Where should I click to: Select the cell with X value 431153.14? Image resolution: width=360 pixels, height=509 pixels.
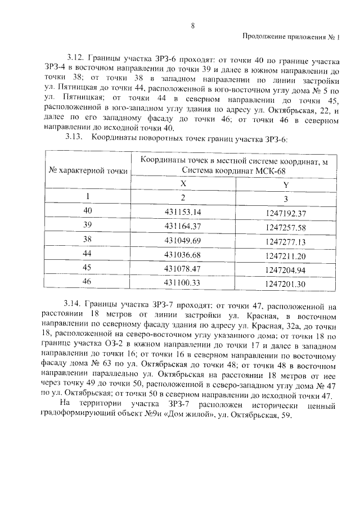[183, 212]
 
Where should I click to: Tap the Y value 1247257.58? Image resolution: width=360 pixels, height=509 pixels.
[285, 227]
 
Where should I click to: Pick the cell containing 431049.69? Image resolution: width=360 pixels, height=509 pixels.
[183, 241]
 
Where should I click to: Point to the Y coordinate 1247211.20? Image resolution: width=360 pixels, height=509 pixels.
[285, 256]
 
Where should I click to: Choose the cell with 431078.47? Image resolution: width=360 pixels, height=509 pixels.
[183, 269]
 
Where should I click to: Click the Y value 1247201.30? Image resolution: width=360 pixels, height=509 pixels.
[285, 284]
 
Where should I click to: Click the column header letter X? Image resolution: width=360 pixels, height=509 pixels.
[183, 183]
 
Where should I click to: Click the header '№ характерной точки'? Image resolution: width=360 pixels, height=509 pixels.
[88, 170]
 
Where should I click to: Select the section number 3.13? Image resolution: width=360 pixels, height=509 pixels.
[74, 137]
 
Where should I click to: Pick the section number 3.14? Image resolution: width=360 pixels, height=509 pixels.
[74, 307]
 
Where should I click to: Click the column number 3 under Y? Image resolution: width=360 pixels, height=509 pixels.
[286, 199]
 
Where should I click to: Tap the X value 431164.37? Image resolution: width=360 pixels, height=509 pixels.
[183, 227]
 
